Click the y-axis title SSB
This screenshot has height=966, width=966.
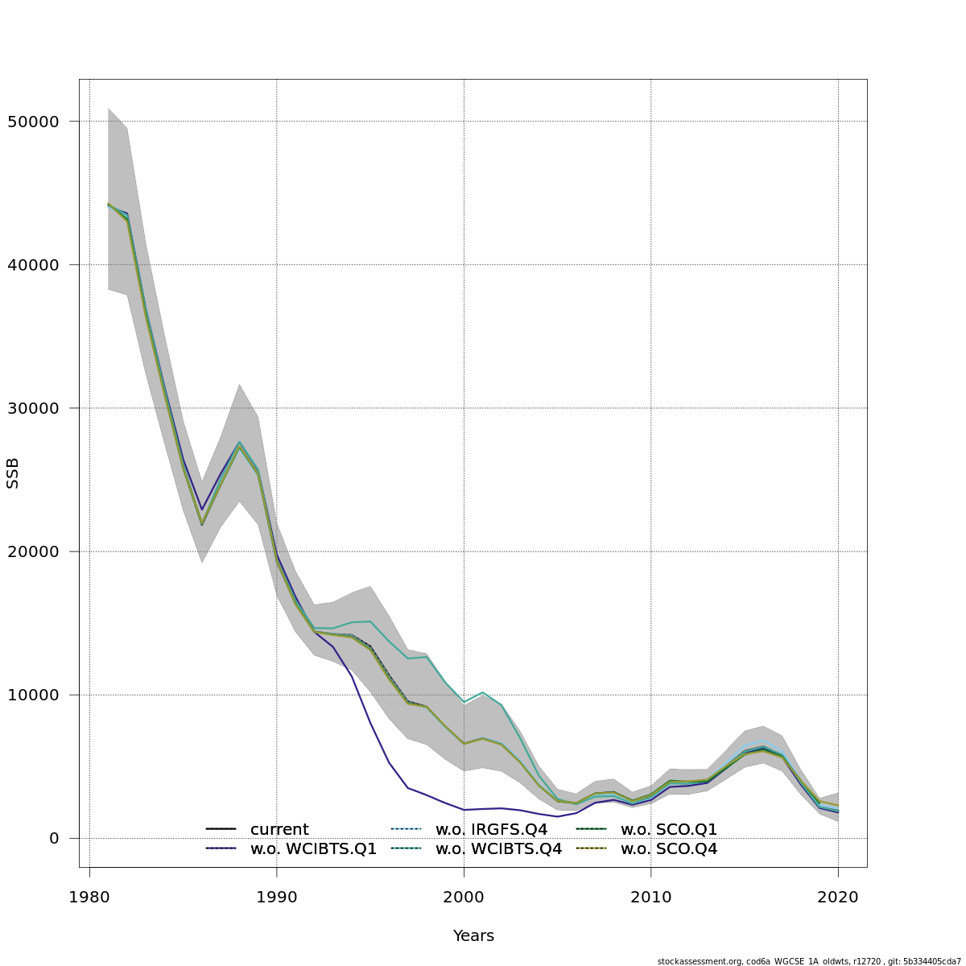click(x=13, y=473)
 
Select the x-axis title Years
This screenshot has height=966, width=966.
click(x=473, y=936)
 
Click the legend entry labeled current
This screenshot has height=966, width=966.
click(x=279, y=829)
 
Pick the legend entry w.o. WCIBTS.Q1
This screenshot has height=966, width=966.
click(x=313, y=848)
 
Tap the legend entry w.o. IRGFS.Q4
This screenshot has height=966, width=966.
click(x=491, y=829)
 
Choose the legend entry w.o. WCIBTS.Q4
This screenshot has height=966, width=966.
click(x=498, y=848)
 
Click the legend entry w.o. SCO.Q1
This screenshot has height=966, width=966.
click(x=668, y=829)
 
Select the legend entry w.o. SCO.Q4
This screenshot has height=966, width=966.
click(x=668, y=848)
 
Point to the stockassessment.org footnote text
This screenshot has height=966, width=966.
click(x=809, y=961)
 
